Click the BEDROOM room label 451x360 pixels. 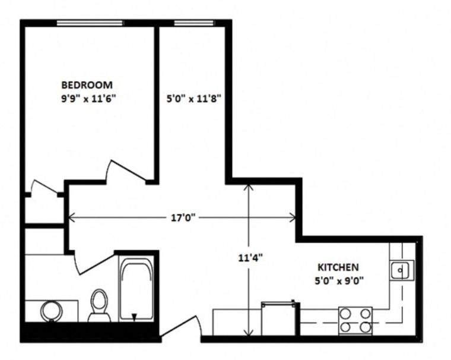[x=87, y=85]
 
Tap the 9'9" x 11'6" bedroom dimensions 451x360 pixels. [x=88, y=99]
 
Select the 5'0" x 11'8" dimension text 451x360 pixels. [x=193, y=99]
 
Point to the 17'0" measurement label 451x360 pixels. [x=183, y=218]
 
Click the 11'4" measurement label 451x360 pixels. [x=250, y=258]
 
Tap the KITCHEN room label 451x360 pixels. [x=338, y=267]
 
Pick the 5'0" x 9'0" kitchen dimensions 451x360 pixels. [x=339, y=280]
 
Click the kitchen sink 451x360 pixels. [x=402, y=270]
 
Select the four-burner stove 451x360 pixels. [x=355, y=321]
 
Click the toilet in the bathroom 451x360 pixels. [x=99, y=306]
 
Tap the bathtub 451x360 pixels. [x=136, y=289]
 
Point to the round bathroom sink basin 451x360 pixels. [x=52, y=311]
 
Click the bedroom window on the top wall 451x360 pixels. [x=90, y=23]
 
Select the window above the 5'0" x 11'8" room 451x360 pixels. [x=195, y=23]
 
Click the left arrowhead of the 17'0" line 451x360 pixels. [x=72, y=217]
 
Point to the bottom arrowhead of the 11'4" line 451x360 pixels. [x=249, y=332]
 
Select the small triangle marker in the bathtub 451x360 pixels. [x=134, y=317]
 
